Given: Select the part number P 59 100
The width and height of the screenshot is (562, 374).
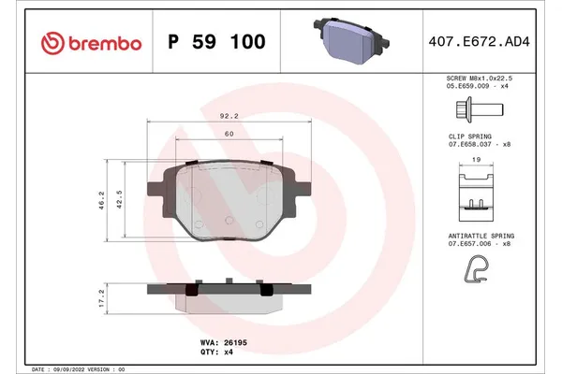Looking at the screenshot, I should (215, 42).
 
